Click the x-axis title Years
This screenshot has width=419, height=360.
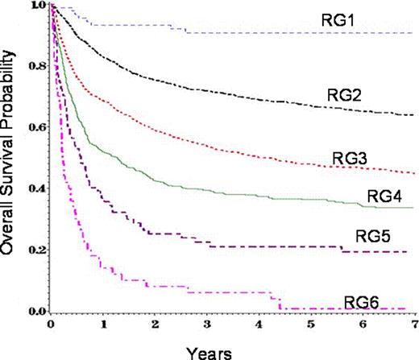217,351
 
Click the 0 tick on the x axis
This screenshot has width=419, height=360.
50,326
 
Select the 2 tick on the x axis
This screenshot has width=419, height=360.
155,326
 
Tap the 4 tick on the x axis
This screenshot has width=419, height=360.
259,326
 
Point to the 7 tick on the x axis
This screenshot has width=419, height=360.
414,326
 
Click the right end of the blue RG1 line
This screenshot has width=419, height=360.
413,33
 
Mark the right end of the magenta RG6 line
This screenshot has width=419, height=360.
413,308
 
